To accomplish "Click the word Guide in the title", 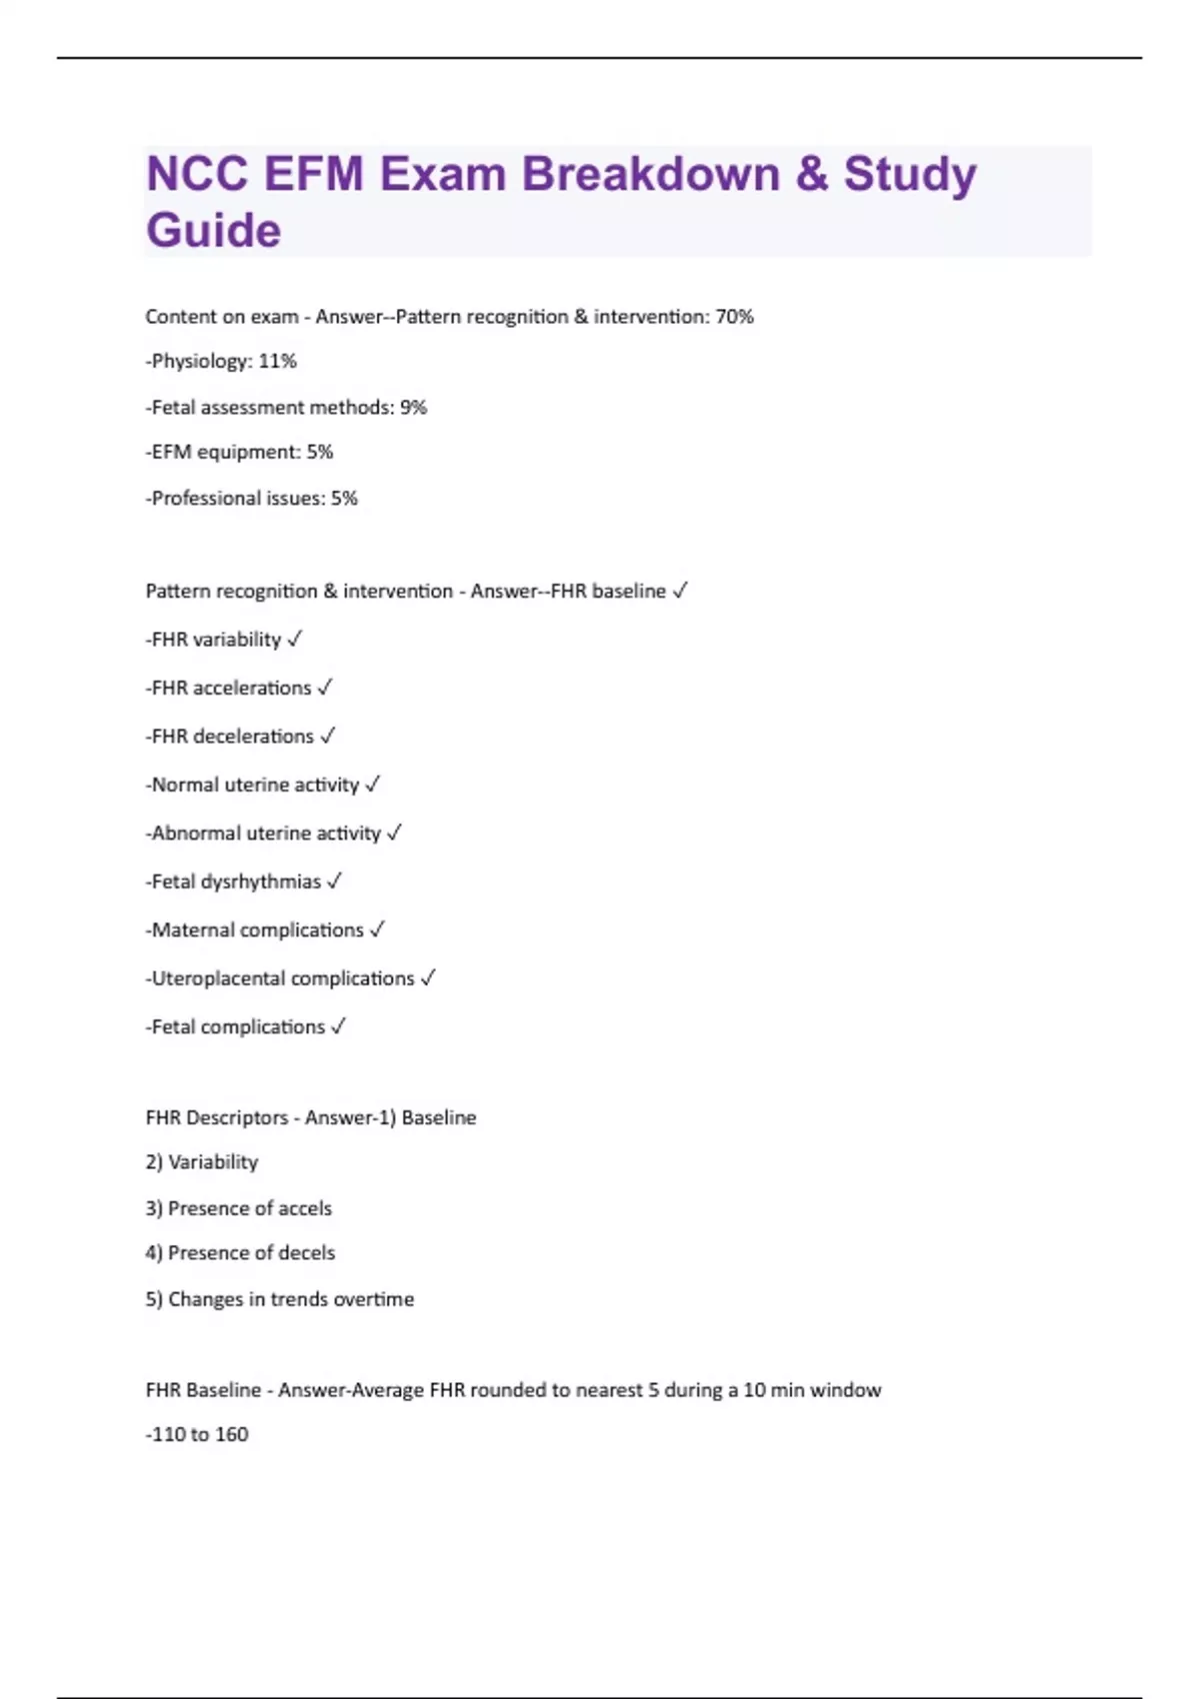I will click(214, 231).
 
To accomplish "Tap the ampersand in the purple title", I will click(811, 174).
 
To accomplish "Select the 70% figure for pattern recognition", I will click(734, 317).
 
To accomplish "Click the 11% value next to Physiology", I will click(277, 362).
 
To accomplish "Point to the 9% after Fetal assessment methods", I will click(413, 408).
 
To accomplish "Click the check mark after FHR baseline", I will click(680, 591).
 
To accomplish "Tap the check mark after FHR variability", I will click(294, 640).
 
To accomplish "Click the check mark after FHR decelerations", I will click(327, 737).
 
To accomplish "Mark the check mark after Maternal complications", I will click(377, 930).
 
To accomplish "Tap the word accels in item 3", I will click(305, 1208).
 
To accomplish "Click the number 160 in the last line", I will click(231, 1435).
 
